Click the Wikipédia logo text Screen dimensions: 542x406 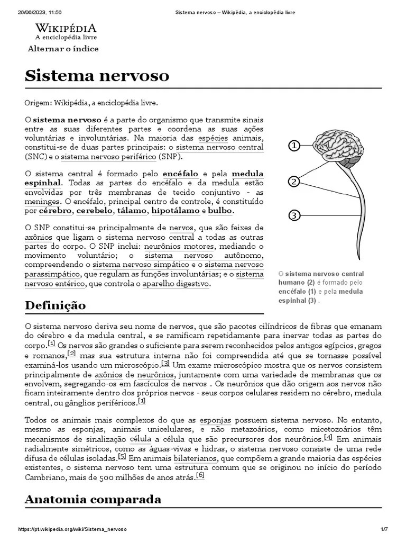click(66, 29)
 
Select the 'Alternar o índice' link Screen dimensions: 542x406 click(63, 49)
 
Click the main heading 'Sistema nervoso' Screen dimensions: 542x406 click(97, 76)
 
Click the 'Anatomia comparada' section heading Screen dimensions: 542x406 click(93, 499)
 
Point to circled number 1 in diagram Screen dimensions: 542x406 click(294, 146)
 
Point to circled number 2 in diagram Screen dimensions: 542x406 click(294, 182)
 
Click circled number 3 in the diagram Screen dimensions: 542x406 click(294, 215)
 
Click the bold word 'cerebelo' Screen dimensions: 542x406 click(95, 211)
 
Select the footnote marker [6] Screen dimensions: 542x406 click(200, 475)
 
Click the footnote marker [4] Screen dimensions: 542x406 click(328, 437)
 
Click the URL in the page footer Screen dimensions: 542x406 click(72, 529)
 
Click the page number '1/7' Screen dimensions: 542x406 click(384, 529)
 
